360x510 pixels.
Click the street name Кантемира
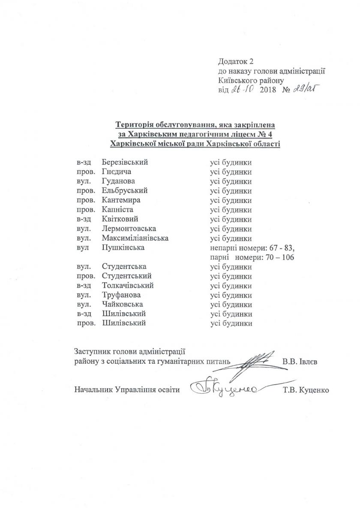pos(122,200)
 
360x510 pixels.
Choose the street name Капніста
pos(118,210)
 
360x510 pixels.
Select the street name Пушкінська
pos(123,247)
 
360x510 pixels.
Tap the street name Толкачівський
pos(128,285)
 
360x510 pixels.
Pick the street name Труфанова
pos(121,295)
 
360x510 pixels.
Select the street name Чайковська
pos(122,305)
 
